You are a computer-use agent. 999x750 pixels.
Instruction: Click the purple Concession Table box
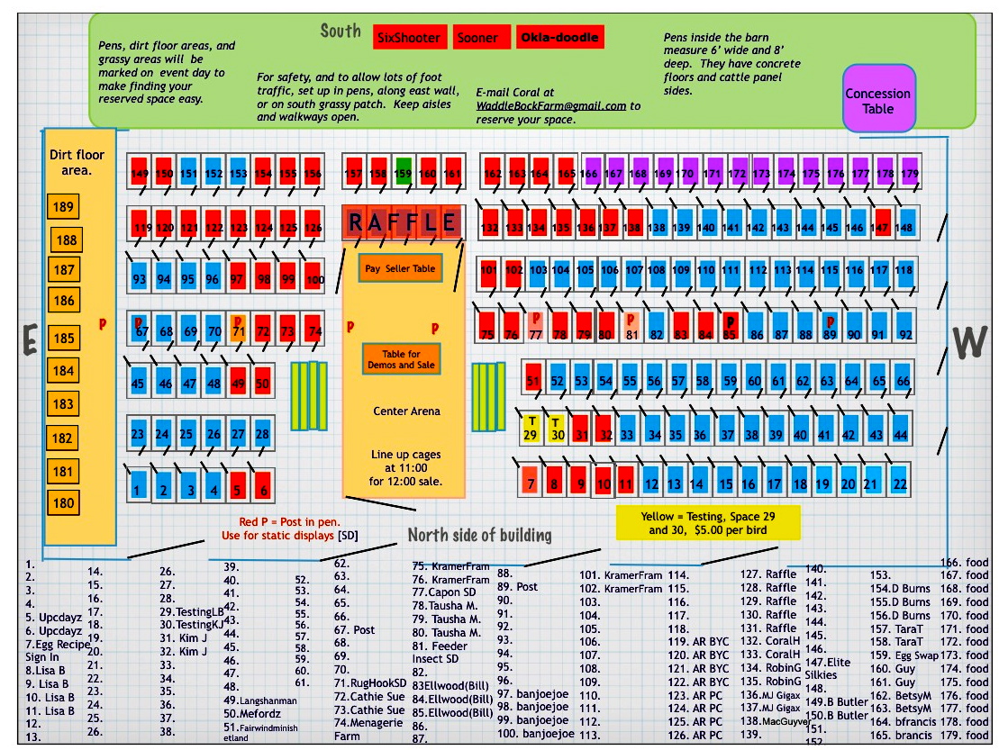(877, 99)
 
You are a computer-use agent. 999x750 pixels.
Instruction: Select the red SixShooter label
(409, 38)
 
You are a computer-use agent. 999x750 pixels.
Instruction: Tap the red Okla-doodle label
(559, 38)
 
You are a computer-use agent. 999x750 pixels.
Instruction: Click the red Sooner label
(477, 38)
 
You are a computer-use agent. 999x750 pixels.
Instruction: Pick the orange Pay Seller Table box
(400, 268)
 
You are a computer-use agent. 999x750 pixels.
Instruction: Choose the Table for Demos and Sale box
(402, 358)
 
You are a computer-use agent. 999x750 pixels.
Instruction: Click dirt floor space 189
(63, 207)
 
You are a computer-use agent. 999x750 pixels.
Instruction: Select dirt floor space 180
(63, 502)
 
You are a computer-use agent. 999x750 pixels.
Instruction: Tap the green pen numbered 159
(404, 173)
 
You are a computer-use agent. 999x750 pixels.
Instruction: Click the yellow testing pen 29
(531, 430)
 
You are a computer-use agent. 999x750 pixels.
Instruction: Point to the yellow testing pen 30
(556, 430)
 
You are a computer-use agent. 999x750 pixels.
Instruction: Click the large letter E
(30, 339)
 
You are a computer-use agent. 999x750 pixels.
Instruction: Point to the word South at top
(341, 32)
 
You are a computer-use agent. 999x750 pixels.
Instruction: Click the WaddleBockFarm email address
(551, 105)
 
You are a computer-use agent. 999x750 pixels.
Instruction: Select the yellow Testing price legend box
(707, 523)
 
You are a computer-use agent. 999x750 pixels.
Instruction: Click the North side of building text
(479, 535)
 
